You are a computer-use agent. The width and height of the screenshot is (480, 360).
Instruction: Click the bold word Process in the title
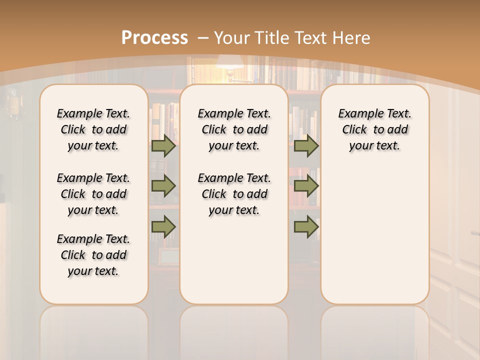tap(154, 38)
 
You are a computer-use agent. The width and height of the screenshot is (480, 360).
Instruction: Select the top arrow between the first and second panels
tap(163, 146)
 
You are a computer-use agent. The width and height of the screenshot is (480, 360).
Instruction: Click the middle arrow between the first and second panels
tap(163, 186)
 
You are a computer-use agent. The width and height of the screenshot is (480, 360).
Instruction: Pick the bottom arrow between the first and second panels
tap(163, 226)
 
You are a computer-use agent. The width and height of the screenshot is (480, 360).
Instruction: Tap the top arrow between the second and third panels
tap(306, 146)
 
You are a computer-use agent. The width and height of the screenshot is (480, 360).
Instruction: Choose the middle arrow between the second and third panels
tap(306, 186)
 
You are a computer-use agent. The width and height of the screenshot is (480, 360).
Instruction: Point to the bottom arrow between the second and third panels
tap(306, 226)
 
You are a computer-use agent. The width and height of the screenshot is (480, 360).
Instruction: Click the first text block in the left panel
tap(93, 129)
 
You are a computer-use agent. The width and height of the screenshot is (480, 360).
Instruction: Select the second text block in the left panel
tap(93, 194)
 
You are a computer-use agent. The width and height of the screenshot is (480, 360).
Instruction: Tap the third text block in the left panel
tap(93, 255)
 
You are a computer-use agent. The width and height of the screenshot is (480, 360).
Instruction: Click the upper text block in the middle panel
tap(234, 129)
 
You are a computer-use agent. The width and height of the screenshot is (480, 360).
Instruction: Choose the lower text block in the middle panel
tap(234, 194)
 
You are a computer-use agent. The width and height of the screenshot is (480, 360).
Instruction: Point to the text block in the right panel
tap(374, 129)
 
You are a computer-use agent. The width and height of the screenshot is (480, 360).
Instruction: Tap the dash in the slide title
tap(203, 38)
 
